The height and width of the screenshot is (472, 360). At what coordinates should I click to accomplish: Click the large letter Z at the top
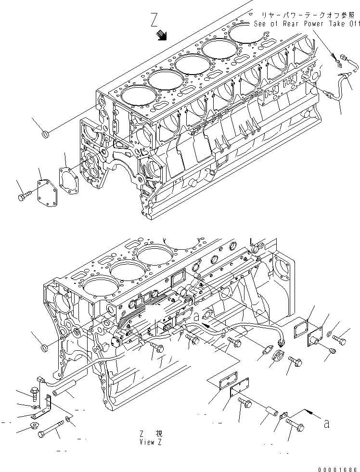pos(154,20)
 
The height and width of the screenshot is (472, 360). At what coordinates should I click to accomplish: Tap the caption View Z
pos(150,442)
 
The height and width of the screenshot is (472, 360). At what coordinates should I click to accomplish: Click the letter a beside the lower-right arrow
pos(327,424)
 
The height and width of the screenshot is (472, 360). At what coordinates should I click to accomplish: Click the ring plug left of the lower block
pos(43,347)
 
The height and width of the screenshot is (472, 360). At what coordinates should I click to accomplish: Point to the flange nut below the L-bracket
pos(34,427)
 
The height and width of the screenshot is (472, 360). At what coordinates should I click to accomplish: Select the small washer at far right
pos(328,334)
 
